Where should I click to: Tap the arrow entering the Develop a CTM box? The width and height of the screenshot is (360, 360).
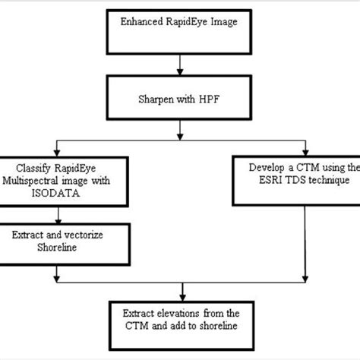(306, 149)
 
